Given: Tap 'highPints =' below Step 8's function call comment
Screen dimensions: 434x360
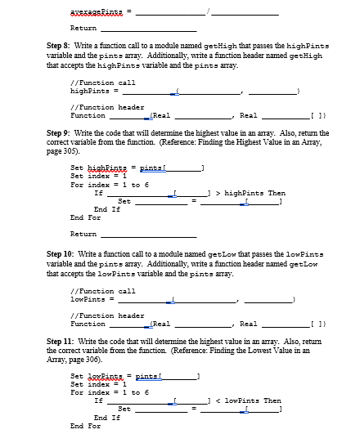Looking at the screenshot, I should (92, 92).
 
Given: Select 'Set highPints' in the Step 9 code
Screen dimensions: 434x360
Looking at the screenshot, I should (96, 168).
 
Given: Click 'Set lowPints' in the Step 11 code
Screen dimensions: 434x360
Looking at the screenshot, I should (94, 376).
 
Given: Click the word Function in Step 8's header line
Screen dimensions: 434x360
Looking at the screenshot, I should (88, 115).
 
